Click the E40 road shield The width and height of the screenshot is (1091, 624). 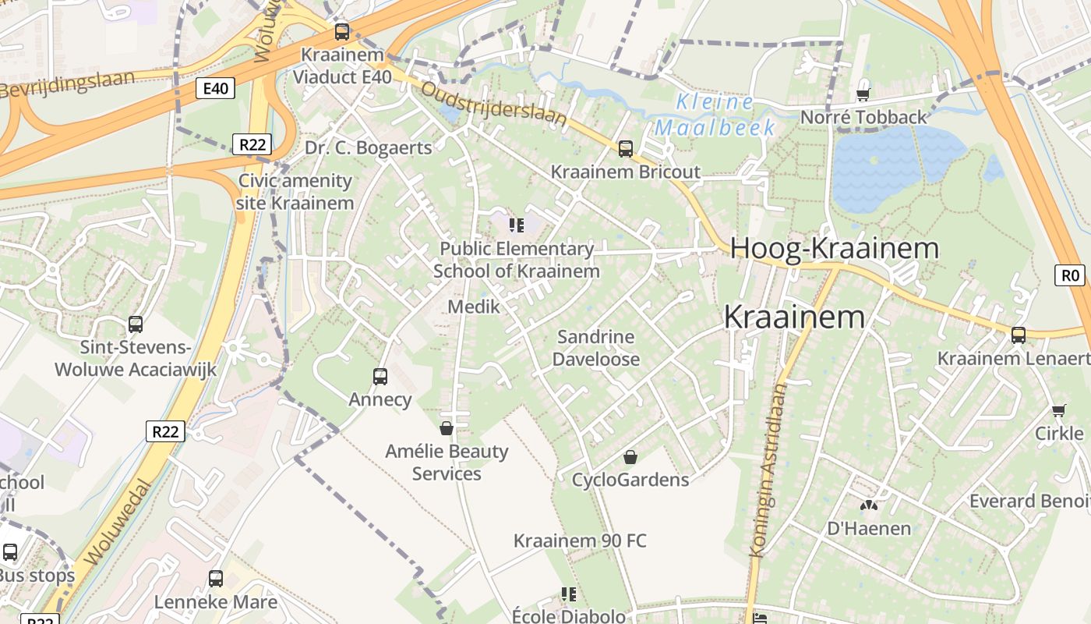tap(215, 88)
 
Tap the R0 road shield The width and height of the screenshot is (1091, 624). tap(1072, 275)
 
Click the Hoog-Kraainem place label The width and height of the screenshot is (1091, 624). tap(835, 249)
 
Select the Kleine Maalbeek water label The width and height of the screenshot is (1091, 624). tap(714, 115)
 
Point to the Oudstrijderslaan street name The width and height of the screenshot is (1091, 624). tap(493, 102)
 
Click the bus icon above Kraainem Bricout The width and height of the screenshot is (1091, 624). tap(625, 148)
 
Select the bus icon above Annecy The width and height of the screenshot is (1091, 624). tap(380, 377)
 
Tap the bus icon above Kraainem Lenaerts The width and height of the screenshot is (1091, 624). tap(1018, 335)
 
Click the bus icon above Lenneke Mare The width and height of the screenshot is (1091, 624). tap(216, 579)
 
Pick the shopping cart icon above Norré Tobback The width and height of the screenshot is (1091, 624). tap(863, 94)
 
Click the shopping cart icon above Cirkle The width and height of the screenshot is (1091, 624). tap(1059, 410)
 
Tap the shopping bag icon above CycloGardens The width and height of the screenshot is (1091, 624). tap(630, 456)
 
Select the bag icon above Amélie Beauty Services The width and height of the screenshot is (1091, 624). tap(447, 428)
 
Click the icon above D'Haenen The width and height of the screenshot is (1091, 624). tap(869, 505)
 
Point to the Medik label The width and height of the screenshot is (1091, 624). tap(474, 307)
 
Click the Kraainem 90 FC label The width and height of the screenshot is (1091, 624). tap(580, 541)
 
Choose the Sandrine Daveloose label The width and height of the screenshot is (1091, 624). tap(596, 348)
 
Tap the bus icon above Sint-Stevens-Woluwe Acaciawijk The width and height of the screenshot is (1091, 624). tap(136, 324)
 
